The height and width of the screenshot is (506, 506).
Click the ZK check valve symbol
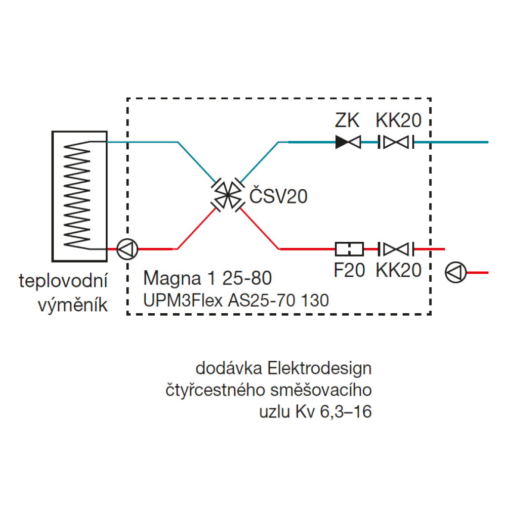[348, 142]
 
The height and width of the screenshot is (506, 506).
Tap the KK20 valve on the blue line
[396, 142]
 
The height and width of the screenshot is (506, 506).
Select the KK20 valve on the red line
[396, 248]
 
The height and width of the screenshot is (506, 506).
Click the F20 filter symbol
[349, 248]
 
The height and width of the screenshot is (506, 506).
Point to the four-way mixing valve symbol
[227, 195]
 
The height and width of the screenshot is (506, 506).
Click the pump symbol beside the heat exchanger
[126, 249]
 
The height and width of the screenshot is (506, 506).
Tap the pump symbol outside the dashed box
[455, 272]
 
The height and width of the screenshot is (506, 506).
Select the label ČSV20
[278, 196]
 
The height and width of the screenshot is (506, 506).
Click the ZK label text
[347, 120]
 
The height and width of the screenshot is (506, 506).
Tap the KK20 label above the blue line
[399, 120]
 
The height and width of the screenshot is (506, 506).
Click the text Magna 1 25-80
[207, 278]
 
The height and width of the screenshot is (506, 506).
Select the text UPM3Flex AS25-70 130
[236, 301]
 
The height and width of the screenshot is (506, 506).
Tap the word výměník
[73, 305]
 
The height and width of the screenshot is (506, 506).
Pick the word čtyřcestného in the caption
[218, 390]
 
